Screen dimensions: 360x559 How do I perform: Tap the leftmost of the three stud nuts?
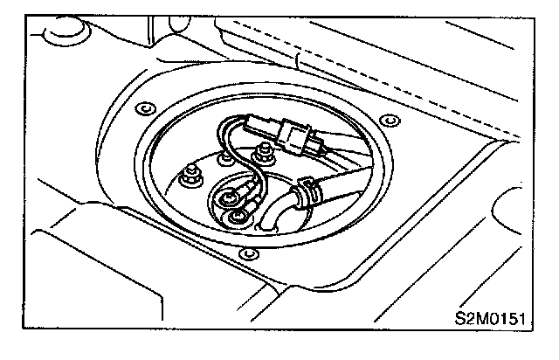point(187,179)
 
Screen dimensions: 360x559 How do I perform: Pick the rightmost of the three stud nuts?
point(259,156)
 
